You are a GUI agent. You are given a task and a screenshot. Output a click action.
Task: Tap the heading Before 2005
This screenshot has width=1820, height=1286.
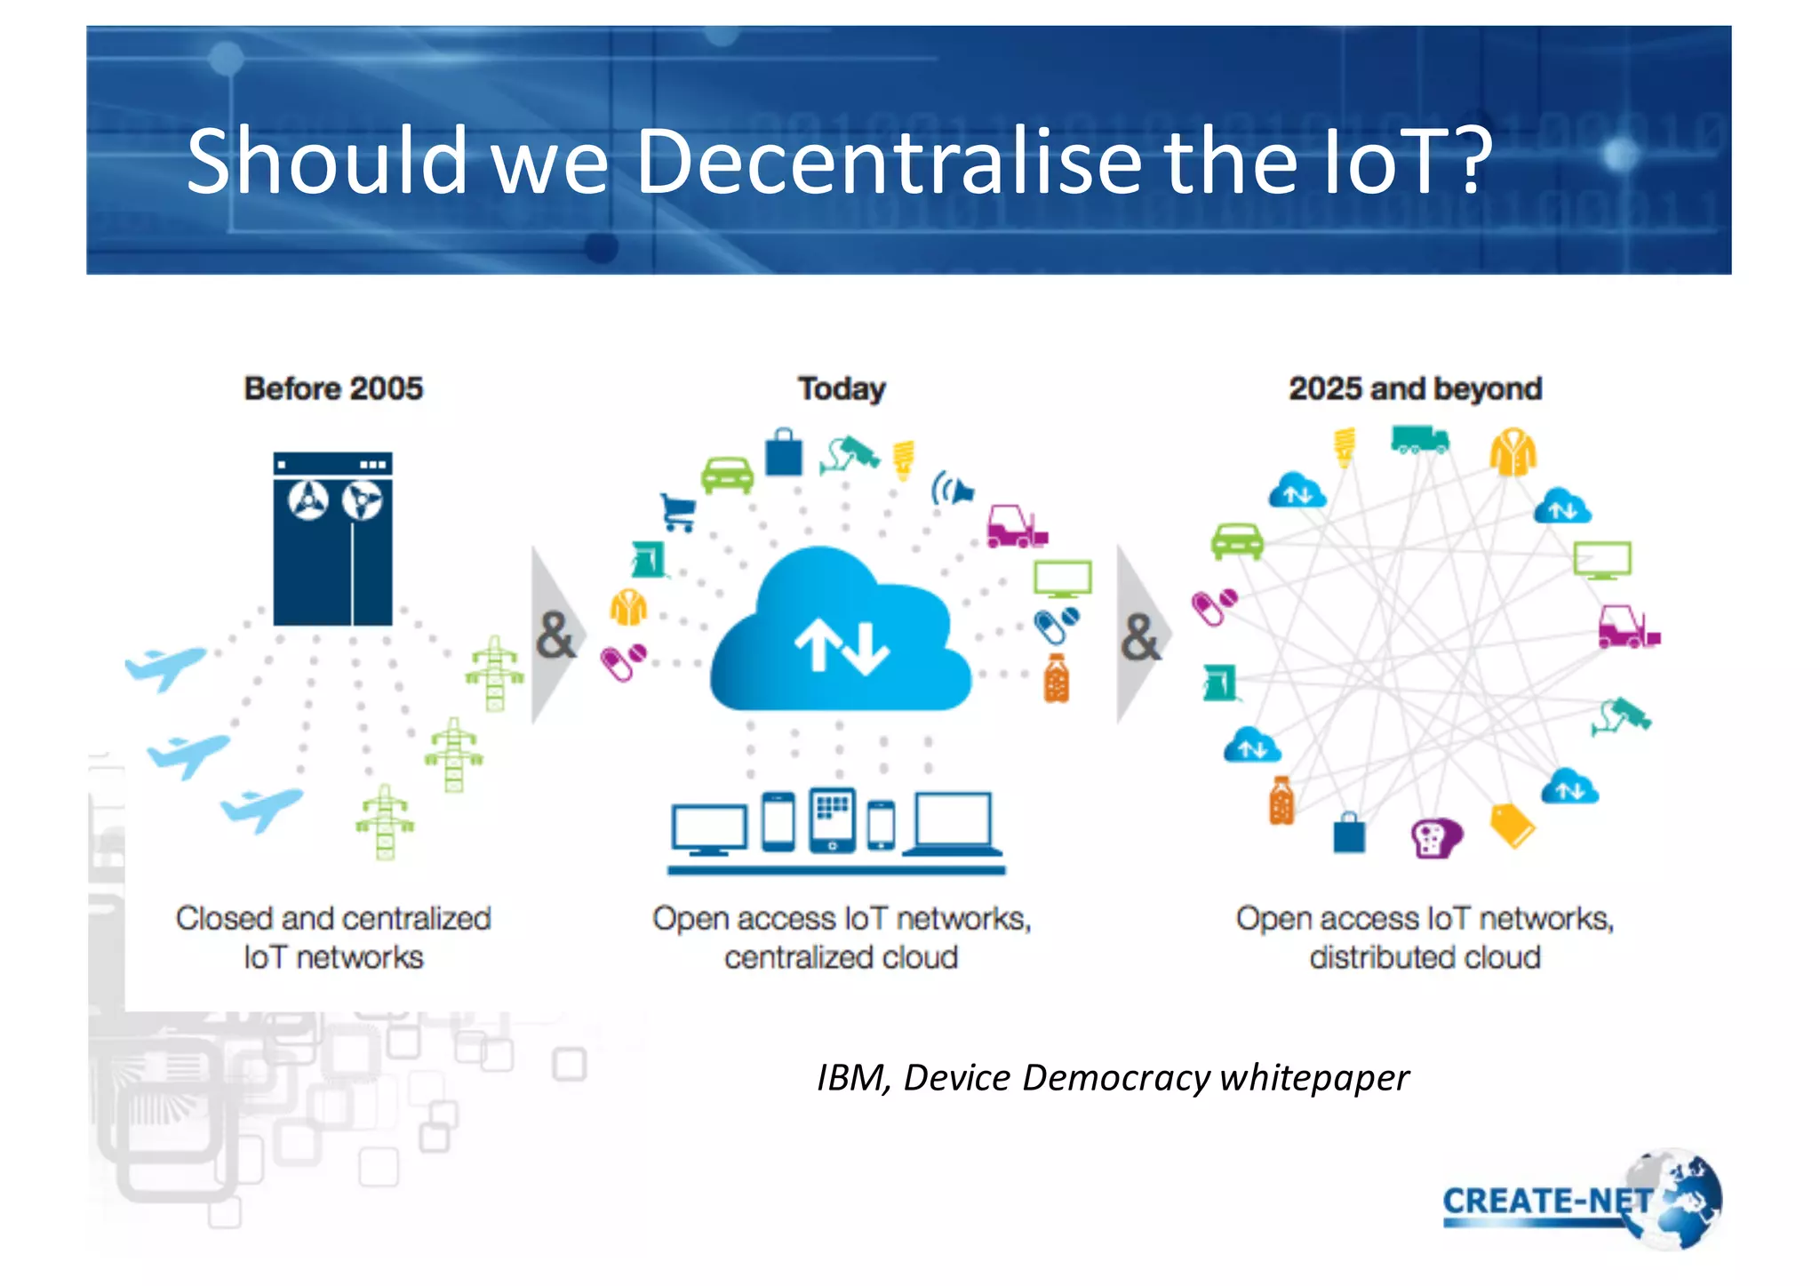333,388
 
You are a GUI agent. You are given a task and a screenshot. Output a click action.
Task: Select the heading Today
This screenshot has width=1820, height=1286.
842,388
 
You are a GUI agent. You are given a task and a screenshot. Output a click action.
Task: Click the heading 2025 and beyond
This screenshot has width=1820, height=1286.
1415,388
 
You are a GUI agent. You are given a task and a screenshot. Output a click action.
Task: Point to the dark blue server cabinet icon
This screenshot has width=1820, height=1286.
332,539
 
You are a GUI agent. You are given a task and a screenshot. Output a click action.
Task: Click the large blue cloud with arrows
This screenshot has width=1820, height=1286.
840,635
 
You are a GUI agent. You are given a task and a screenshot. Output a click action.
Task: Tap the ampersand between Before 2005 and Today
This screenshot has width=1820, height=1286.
555,635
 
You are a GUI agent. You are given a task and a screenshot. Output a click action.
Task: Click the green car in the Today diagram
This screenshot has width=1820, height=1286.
727,475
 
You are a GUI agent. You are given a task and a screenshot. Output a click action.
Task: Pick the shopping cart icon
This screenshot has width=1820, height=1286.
679,512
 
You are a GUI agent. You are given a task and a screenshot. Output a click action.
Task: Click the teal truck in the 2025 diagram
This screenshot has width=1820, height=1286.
1419,439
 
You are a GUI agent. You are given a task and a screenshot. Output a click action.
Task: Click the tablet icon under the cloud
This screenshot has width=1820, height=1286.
832,819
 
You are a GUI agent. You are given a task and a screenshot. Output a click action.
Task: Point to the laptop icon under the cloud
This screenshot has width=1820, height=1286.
953,824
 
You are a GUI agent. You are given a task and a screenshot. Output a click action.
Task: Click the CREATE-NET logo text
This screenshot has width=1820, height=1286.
1546,1201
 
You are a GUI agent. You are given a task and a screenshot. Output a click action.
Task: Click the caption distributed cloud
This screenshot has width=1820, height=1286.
1425,957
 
